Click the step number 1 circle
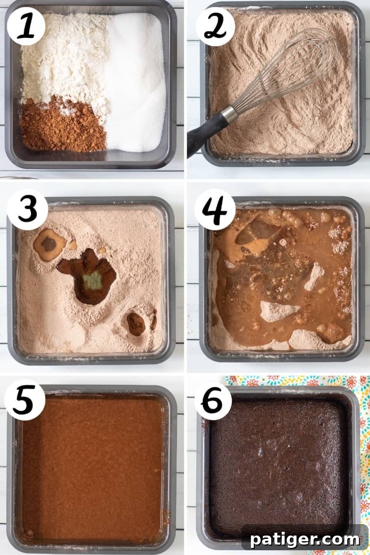click(26, 26)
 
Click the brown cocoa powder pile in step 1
click(62, 124)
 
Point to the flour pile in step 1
click(64, 57)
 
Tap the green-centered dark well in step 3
click(90, 277)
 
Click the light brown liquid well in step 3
click(49, 244)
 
